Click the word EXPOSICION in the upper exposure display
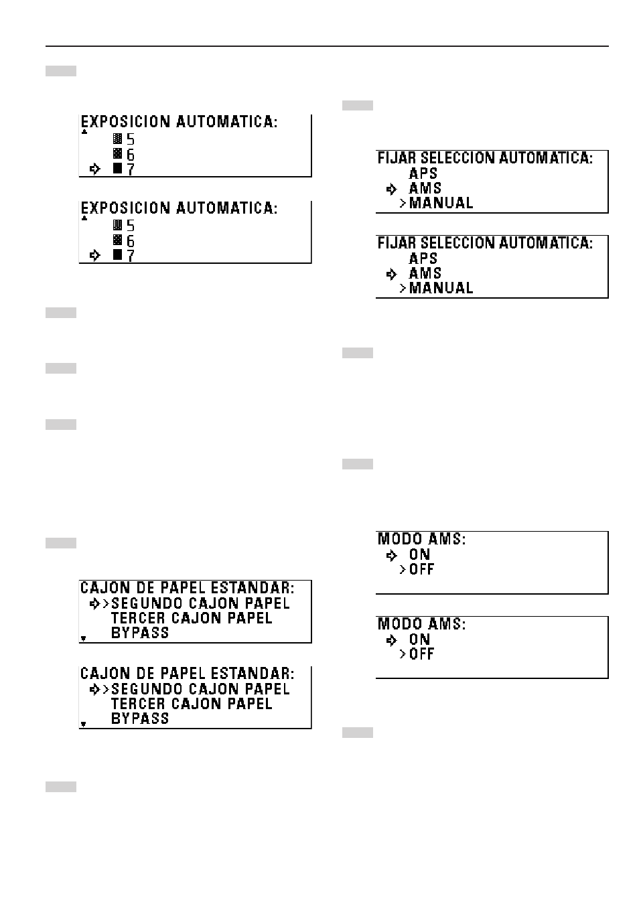pos(126,122)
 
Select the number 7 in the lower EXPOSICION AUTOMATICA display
pos(131,256)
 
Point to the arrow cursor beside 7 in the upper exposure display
pos(95,169)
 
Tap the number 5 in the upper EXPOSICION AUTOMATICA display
pos(131,139)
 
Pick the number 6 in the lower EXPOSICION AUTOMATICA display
pos(131,241)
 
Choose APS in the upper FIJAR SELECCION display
pos(423,173)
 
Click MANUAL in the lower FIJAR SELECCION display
pos(441,288)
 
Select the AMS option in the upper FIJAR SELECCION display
pos(425,188)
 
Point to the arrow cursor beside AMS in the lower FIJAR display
pos(392,274)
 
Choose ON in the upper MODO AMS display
pos(419,554)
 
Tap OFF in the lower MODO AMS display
pos(421,654)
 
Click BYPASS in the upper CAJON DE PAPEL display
pos(140,633)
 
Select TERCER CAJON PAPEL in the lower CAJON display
pos(192,704)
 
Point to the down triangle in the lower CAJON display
pos(84,724)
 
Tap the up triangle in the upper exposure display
pos(84,132)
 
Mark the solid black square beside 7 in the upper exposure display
pos(118,169)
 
